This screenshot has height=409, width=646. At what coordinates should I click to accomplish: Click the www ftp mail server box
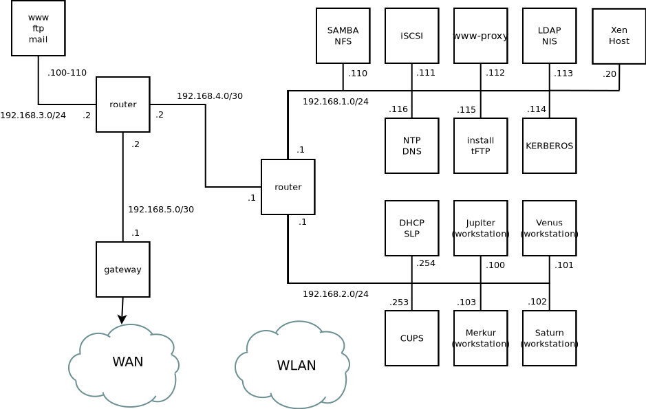pyautogui.click(x=38, y=28)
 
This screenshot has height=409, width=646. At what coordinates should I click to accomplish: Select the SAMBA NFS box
pyautogui.click(x=343, y=36)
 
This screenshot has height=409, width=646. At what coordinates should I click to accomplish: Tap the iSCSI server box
pyautogui.click(x=411, y=36)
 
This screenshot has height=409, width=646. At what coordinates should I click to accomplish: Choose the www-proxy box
pyautogui.click(x=480, y=36)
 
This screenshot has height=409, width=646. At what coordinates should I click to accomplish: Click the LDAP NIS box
pyautogui.click(x=549, y=36)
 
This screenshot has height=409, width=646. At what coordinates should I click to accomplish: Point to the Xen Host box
pyautogui.click(x=618, y=36)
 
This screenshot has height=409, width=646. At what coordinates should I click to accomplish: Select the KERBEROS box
pyautogui.click(x=549, y=146)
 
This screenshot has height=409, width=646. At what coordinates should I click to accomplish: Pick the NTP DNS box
pyautogui.click(x=411, y=146)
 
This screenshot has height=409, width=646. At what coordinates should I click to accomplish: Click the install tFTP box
pyautogui.click(x=480, y=146)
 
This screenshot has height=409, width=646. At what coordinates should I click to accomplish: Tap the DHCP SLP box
pyautogui.click(x=411, y=228)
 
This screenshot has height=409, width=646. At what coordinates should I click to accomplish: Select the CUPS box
pyautogui.click(x=411, y=338)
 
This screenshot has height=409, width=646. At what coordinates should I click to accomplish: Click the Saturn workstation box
pyautogui.click(x=549, y=338)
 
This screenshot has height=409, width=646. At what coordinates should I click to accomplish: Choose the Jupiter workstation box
pyautogui.click(x=480, y=228)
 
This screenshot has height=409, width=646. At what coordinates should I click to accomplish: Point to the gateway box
pyautogui.click(x=122, y=269)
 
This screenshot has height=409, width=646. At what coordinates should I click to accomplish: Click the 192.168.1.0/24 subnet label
pyautogui.click(x=336, y=102)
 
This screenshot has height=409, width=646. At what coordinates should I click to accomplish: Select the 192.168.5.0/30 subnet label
pyautogui.click(x=161, y=210)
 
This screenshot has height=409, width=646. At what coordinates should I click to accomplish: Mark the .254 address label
pyautogui.click(x=426, y=263)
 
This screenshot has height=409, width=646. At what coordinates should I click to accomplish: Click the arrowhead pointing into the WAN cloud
pyautogui.click(x=122, y=320)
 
